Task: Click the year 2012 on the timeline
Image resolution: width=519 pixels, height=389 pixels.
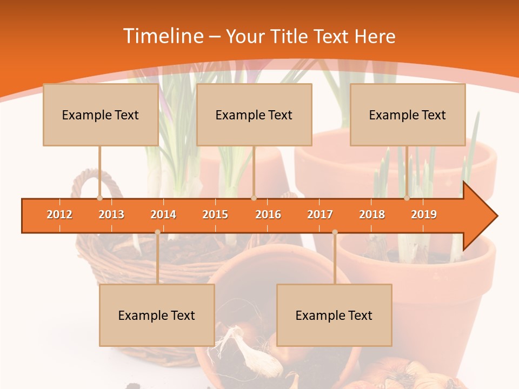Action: [x=59, y=214]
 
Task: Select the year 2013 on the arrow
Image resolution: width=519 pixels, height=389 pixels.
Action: [x=111, y=214]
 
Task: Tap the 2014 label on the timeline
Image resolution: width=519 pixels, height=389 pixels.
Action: [x=163, y=214]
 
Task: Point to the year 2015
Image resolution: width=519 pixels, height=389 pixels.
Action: [x=215, y=214]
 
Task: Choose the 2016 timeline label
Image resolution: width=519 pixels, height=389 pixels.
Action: [x=268, y=214]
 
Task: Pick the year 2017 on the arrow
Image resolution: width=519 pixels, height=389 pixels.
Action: [x=320, y=214]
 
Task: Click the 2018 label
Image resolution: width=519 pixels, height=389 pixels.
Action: [x=372, y=214]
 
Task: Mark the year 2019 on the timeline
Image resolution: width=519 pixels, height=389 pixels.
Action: [x=424, y=214]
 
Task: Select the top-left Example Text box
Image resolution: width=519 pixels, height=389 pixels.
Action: [x=101, y=115]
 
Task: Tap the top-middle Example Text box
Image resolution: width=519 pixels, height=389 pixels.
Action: [x=254, y=115]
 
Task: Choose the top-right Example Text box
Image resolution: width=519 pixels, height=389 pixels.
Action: [x=408, y=115]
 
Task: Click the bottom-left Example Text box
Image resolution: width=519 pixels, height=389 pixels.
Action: [x=157, y=315]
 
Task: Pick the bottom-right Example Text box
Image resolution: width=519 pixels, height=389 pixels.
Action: [x=334, y=315]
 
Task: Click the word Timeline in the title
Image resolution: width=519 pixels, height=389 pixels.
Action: [x=162, y=36]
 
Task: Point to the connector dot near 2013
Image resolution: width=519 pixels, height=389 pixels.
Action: [x=99, y=198]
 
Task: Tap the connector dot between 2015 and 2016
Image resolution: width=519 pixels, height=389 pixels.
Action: [x=254, y=198]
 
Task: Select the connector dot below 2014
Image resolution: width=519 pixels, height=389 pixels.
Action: [x=157, y=232]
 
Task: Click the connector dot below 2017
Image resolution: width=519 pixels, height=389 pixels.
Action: [x=335, y=232]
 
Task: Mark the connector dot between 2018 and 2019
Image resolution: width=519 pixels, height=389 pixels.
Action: [x=407, y=198]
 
